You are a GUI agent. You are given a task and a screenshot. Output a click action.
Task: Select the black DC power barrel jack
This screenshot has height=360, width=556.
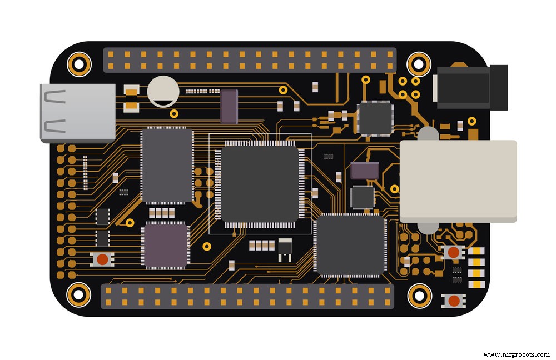470,87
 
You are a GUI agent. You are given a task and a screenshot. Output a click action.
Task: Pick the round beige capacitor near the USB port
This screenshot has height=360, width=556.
163,91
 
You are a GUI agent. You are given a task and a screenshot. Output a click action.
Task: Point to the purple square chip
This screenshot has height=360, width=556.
165,246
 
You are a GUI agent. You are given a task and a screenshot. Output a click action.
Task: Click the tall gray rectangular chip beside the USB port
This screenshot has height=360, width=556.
167,166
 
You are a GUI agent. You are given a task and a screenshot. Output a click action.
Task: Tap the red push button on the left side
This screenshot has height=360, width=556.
102,259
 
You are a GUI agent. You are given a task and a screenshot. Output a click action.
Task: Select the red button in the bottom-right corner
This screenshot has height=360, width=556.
454,301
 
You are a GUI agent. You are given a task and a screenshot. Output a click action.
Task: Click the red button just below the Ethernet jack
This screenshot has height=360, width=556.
454,252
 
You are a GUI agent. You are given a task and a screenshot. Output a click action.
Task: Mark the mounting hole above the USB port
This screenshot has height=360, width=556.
78,64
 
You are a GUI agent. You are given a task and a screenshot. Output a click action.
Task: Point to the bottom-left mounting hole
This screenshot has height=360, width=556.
78,294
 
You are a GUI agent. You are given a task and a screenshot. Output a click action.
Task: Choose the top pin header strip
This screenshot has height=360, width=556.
250,60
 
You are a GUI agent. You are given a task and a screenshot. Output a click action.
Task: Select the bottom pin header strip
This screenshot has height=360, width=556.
247,297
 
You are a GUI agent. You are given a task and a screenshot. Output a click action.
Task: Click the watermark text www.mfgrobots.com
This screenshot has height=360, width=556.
516,354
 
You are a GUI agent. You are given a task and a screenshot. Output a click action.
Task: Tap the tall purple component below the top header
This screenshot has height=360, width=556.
229,106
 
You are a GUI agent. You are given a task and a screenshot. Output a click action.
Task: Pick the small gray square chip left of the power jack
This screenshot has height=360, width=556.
375,118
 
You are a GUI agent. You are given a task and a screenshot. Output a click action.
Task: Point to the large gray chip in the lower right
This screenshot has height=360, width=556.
350,245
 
